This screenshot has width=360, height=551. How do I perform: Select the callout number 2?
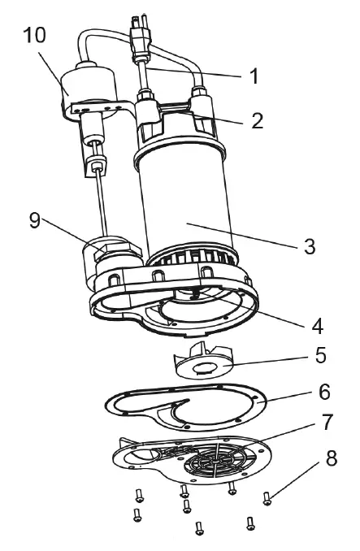click(x=256, y=122)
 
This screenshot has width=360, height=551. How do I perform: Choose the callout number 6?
click(x=323, y=391)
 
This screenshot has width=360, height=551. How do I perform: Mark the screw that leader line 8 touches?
click(x=267, y=497)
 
